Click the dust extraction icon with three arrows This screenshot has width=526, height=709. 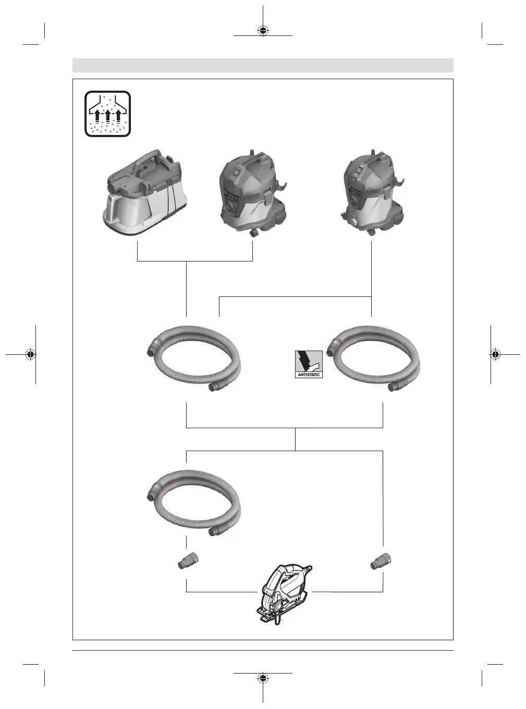click(108, 114)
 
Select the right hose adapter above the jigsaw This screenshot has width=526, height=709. click(382, 562)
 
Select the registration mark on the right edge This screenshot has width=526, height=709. click(495, 354)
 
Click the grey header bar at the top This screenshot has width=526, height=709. click(263, 65)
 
